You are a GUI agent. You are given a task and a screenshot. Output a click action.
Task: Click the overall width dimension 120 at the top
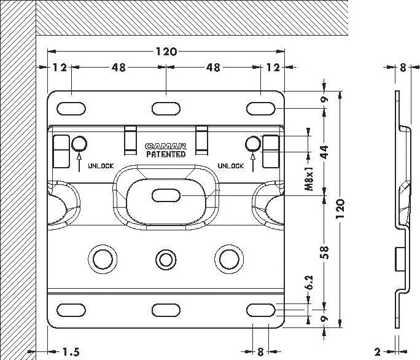click(x=166, y=52)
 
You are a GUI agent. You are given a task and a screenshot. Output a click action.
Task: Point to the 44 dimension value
click(x=325, y=151)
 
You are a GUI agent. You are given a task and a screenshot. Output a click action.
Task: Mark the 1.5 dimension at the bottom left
click(x=70, y=352)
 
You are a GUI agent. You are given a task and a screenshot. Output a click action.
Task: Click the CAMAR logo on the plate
click(x=166, y=146)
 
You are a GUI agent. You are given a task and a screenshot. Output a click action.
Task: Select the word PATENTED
click(x=166, y=155)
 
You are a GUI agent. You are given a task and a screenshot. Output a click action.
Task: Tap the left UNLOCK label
click(x=101, y=166)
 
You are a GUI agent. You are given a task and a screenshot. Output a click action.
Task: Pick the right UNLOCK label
click(x=231, y=166)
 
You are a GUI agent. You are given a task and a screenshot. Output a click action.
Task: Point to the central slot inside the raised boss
click(x=166, y=195)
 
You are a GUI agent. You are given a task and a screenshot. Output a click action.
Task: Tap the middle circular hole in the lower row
click(x=165, y=258)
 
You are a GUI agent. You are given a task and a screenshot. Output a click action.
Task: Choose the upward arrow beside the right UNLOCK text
click(x=252, y=162)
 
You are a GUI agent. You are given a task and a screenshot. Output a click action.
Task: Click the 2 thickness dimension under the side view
click(x=378, y=352)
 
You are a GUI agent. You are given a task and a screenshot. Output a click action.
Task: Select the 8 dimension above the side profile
click(x=402, y=68)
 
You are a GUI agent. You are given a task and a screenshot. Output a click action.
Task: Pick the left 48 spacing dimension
click(x=119, y=68)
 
